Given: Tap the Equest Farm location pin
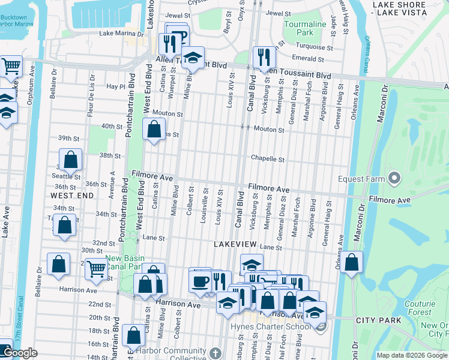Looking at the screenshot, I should pos(394,178).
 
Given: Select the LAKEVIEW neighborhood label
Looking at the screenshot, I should pos(236,244).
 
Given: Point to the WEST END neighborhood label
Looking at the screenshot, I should pos(72,196).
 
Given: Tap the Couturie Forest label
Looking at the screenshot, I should pos(419,308).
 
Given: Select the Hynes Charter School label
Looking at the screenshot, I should pos(271,326).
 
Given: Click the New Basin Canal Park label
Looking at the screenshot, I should pos(131,262).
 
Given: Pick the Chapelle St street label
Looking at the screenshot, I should pos(267,160).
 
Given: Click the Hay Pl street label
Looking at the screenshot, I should pos(115,86).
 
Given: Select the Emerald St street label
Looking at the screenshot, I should pos(308,58).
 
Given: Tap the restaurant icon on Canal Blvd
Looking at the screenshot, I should pos(264,58).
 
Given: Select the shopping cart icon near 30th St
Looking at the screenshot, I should pos(96,269).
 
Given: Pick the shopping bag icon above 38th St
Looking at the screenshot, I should pos(71,160).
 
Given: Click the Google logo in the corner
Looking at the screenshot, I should pos(20,353).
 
